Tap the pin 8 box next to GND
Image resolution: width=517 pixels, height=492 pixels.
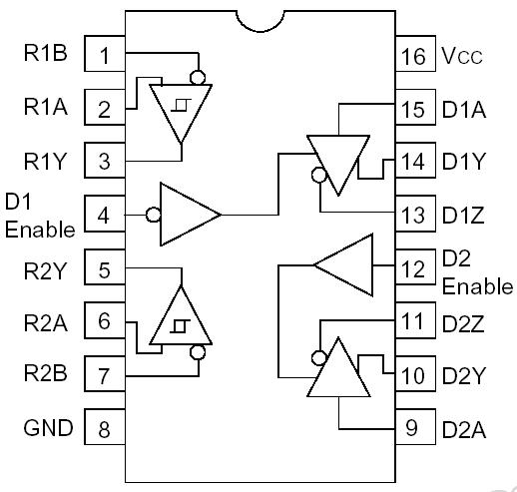coord(104,429)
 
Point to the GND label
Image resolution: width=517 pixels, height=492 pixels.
coord(48,429)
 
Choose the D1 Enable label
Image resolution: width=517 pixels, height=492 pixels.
coord(38,215)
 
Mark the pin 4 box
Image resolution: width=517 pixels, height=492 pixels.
coord(104,214)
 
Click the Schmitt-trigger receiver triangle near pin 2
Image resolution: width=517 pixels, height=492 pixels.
coord(181,110)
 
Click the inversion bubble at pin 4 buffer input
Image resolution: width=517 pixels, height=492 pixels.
coord(153,214)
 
